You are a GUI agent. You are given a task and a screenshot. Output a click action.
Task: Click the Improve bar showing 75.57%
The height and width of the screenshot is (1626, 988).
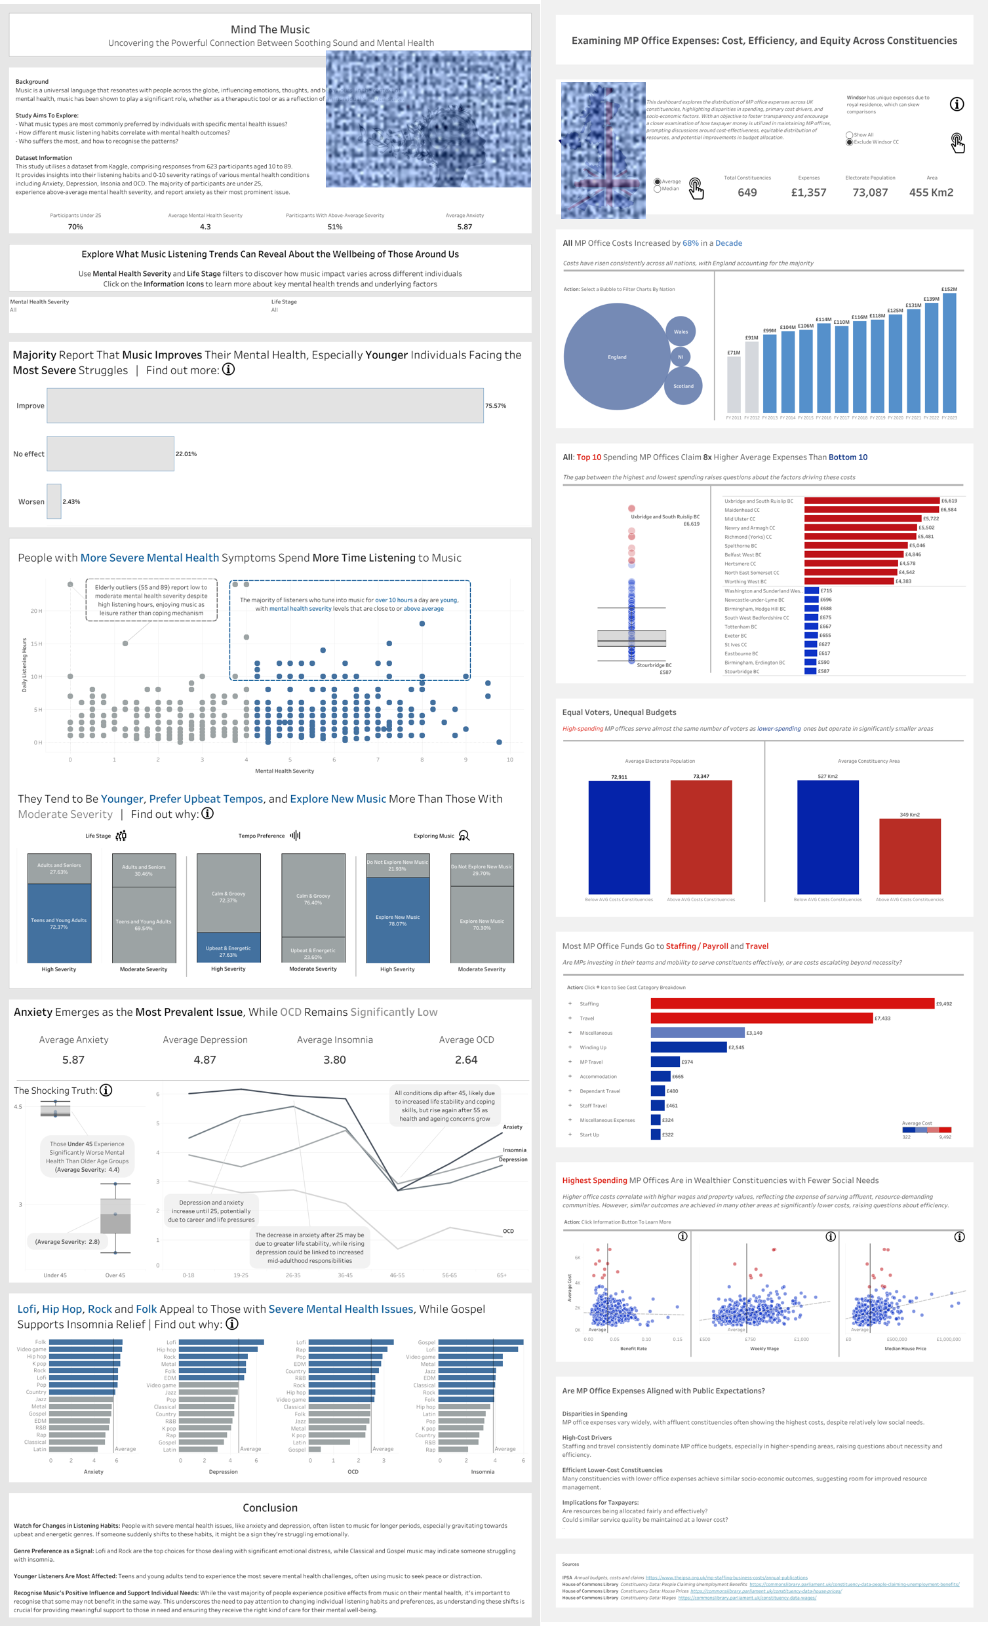(x=265, y=405)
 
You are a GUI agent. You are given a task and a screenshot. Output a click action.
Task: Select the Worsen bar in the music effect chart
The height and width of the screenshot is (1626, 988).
(x=54, y=501)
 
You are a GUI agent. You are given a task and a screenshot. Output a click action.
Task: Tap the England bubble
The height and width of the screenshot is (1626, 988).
(x=616, y=357)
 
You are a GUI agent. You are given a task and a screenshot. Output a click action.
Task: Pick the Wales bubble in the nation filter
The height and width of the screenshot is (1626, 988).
(x=681, y=331)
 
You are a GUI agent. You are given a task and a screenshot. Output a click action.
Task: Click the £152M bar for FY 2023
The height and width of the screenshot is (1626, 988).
(x=949, y=353)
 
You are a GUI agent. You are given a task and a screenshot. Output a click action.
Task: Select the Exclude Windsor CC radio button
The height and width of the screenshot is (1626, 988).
(x=850, y=142)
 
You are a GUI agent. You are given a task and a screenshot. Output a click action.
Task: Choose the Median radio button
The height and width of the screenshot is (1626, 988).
(x=658, y=189)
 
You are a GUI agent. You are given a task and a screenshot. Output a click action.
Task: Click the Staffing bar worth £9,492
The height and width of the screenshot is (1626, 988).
(x=792, y=1003)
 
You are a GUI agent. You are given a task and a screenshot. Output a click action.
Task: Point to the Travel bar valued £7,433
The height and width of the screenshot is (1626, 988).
(x=761, y=1018)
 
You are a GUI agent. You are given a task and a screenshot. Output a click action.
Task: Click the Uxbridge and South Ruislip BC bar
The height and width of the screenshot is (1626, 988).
(x=871, y=501)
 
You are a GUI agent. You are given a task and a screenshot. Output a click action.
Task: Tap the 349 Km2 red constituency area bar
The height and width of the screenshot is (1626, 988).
(x=909, y=856)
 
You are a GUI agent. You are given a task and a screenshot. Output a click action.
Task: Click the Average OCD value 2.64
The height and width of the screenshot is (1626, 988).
(x=466, y=1060)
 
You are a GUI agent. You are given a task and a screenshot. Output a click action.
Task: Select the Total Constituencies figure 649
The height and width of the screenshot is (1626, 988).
(x=747, y=193)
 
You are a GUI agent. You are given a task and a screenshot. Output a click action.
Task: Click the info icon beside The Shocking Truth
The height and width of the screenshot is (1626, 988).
(x=106, y=1090)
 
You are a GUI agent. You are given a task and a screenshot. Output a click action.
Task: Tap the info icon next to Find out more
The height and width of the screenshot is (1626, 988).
(x=228, y=370)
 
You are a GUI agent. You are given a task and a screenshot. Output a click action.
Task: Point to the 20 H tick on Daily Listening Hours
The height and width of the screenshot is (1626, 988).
(x=35, y=611)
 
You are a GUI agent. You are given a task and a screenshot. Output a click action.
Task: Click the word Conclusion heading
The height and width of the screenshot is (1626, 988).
(x=270, y=1508)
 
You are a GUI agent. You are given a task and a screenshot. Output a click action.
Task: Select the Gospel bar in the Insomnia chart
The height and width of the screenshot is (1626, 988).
(x=481, y=1342)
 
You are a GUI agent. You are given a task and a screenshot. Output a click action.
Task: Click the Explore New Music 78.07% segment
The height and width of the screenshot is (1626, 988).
(x=397, y=920)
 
